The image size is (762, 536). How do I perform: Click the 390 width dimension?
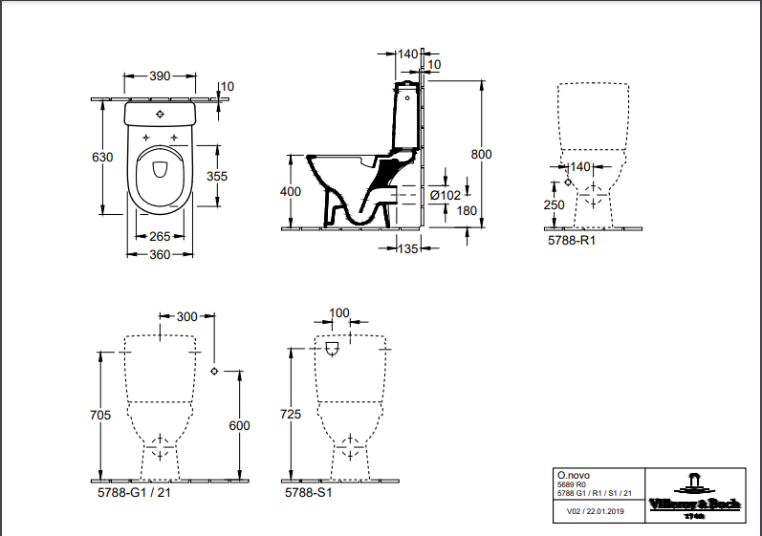coord(160,76)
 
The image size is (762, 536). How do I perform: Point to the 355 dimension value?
coord(217,176)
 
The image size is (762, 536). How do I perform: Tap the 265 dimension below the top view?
coord(159,237)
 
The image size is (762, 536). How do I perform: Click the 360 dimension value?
coord(160,254)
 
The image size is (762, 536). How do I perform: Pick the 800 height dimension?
coord(481,154)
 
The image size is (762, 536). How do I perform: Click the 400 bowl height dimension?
coord(291,192)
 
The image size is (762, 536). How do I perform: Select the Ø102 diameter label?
coord(446,195)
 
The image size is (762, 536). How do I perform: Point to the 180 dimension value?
coord(466,211)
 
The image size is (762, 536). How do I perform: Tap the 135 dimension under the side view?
coord(408,248)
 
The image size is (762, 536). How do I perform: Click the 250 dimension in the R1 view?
coord(554,204)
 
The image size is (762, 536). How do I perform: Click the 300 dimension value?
coord(187,316)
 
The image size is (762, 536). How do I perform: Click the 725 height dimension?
coord(294,415)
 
